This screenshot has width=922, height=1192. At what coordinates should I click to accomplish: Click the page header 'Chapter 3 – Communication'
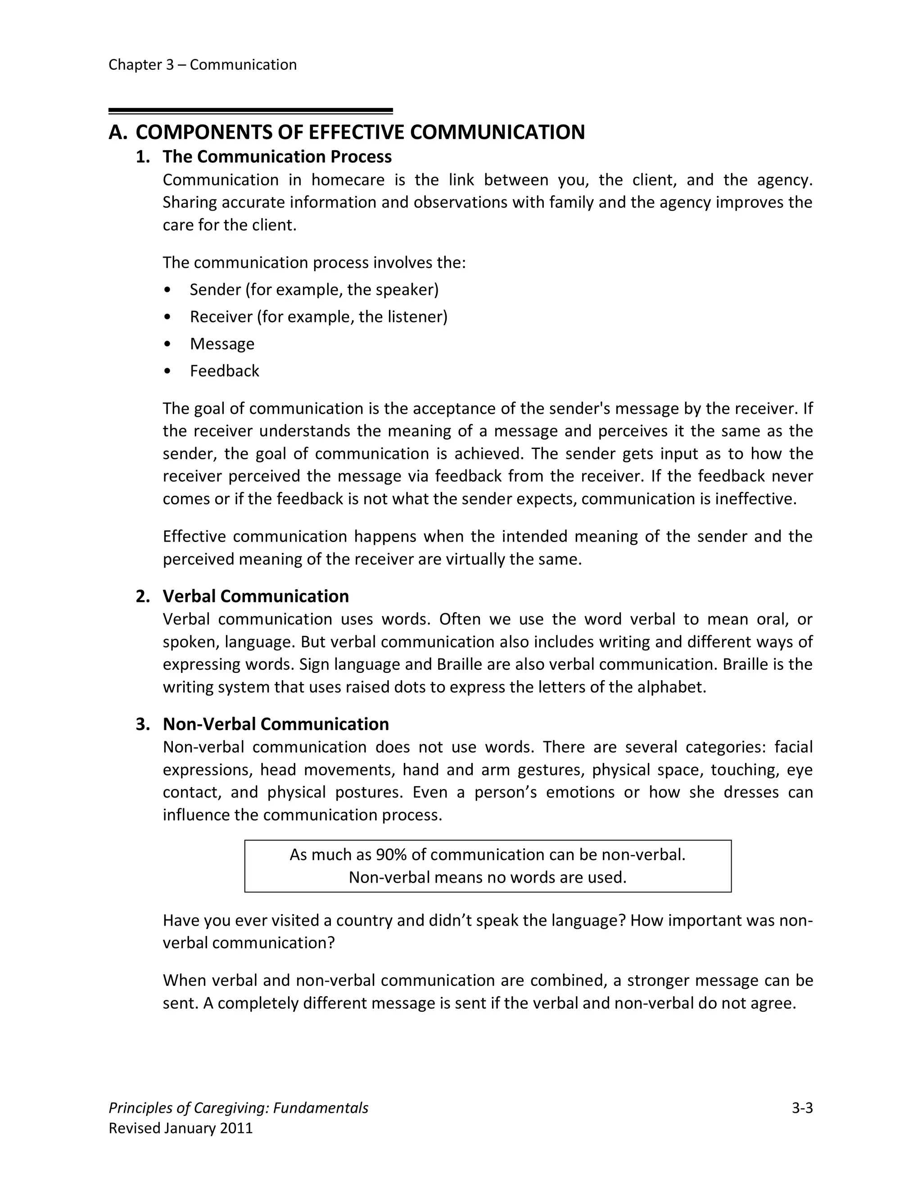click(x=202, y=65)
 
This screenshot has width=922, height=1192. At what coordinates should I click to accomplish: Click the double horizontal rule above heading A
click(x=250, y=111)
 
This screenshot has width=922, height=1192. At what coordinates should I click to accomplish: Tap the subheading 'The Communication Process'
click(x=277, y=157)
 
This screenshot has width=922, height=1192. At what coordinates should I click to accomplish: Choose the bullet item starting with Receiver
click(x=318, y=317)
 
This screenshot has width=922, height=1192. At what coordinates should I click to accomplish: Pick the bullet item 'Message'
click(x=222, y=344)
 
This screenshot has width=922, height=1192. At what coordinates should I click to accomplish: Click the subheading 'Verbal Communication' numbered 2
click(x=256, y=596)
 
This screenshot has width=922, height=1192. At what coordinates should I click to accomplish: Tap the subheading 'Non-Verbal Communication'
click(x=276, y=724)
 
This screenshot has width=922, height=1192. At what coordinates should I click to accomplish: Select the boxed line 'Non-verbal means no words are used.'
click(x=487, y=877)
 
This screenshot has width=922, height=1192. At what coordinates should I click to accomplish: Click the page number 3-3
click(x=802, y=1108)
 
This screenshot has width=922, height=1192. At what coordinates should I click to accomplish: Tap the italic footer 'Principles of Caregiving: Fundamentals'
click(x=238, y=1108)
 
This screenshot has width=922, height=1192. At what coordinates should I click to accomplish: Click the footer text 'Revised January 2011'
click(x=181, y=1128)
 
